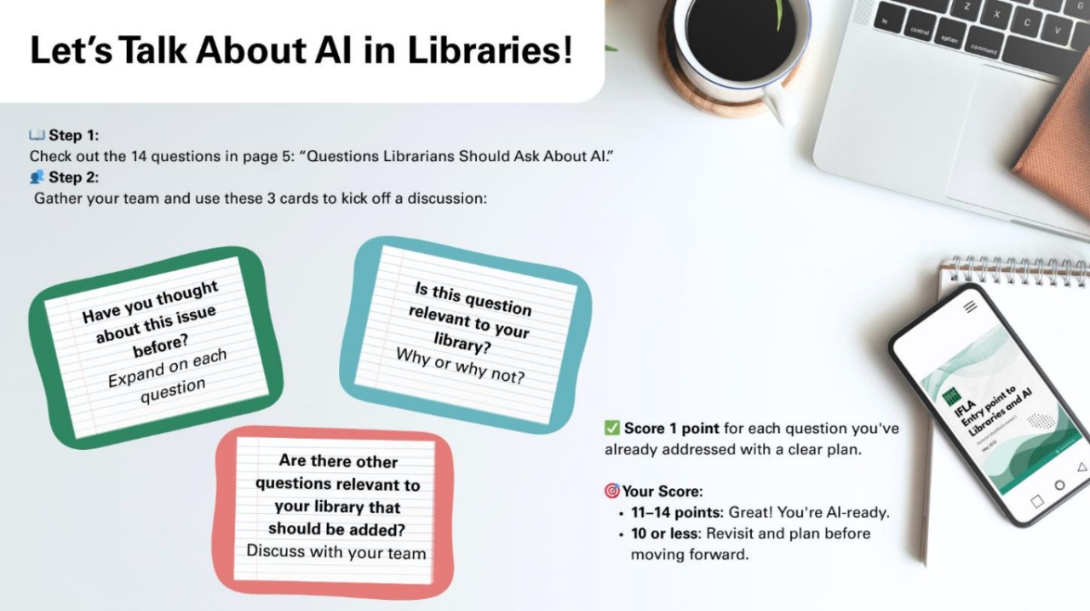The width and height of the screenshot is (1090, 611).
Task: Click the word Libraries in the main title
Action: click(x=490, y=50)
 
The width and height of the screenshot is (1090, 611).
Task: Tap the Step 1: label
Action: click(x=73, y=135)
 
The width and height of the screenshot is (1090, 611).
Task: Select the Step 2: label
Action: click(x=73, y=177)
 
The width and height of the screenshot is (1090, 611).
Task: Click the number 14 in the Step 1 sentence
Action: click(x=138, y=156)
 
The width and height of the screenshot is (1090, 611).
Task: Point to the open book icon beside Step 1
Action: click(x=37, y=135)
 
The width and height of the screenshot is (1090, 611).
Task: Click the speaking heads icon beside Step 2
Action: click(x=37, y=176)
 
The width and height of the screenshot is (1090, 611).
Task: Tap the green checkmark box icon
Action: click(x=611, y=428)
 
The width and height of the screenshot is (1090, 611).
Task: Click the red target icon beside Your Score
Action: click(x=611, y=491)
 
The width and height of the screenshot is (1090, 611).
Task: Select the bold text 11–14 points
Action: click(x=677, y=512)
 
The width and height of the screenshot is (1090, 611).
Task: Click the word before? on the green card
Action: click(x=161, y=347)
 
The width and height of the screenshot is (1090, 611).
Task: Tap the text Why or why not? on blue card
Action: click(x=461, y=366)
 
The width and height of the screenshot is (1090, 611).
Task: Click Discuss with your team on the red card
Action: click(x=336, y=552)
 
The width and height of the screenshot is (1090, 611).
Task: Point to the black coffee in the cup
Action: click(x=741, y=38)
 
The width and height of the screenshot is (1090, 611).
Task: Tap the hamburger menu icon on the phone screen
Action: click(x=970, y=306)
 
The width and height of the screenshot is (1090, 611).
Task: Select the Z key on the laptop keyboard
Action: click(x=967, y=8)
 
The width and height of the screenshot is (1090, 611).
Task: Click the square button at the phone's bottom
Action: click(x=1037, y=501)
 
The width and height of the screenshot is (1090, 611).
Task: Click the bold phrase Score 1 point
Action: click(x=672, y=429)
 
